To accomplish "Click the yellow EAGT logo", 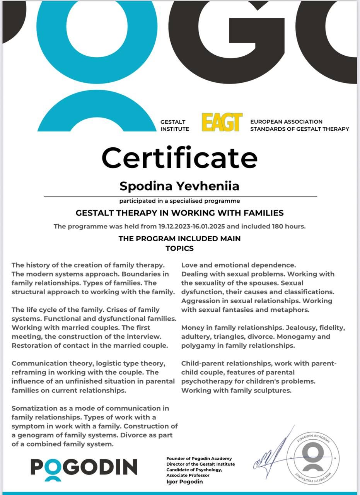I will click(x=222, y=122).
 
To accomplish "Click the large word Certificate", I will click(x=179, y=158).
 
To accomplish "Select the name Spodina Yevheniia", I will click(x=179, y=186).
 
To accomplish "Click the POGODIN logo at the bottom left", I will click(x=84, y=467).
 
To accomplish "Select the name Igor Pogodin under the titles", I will click(x=184, y=481).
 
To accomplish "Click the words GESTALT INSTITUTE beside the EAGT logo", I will click(x=175, y=125).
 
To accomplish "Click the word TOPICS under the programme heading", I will click(x=179, y=248).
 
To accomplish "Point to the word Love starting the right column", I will click(x=189, y=265).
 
